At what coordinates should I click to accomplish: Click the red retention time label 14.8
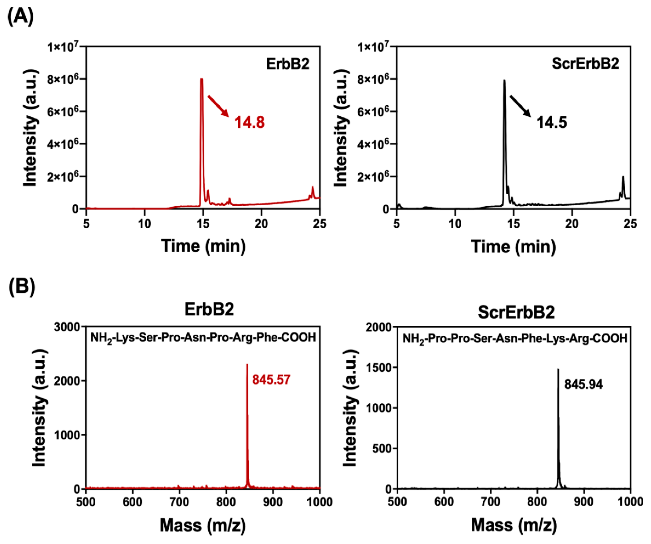[250, 122]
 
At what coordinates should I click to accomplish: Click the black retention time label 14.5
[552, 122]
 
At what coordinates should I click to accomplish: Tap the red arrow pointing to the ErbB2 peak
[218, 106]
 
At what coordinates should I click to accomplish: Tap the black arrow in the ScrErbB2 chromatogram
[521, 106]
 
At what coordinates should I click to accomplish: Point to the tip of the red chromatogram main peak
[201, 79]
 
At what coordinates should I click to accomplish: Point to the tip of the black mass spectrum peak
[558, 369]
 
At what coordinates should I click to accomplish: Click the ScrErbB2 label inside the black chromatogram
[585, 64]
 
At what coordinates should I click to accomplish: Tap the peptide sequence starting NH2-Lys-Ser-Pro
[203, 337]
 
